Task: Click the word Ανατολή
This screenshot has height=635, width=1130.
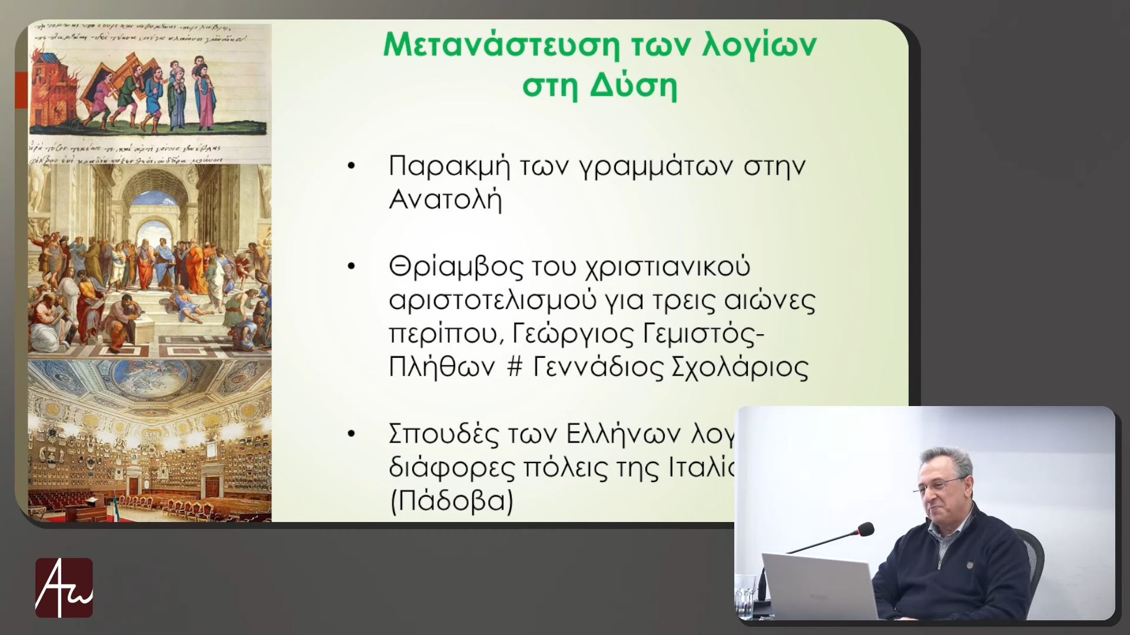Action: tap(445, 201)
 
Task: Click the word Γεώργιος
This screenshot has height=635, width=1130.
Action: tap(569, 334)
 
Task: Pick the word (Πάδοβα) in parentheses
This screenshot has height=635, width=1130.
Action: tap(451, 501)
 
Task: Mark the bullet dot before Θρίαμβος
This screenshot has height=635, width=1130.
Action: tap(352, 267)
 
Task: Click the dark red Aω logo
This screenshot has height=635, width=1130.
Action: tap(64, 587)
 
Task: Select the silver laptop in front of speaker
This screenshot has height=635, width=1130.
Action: tap(818, 586)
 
